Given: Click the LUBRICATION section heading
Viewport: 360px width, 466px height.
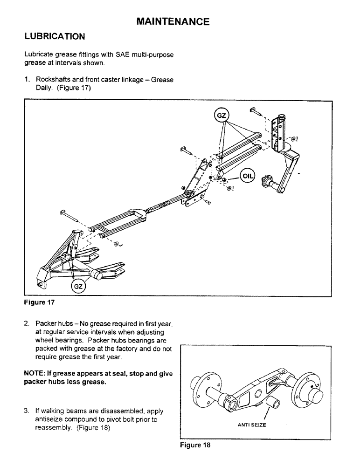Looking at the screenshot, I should [54, 36].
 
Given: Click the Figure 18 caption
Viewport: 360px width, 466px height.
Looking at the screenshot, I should [195, 445].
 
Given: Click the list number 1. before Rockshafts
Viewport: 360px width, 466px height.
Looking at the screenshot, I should [27, 80].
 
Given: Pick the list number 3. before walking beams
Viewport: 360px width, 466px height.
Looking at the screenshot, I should [27, 411].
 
